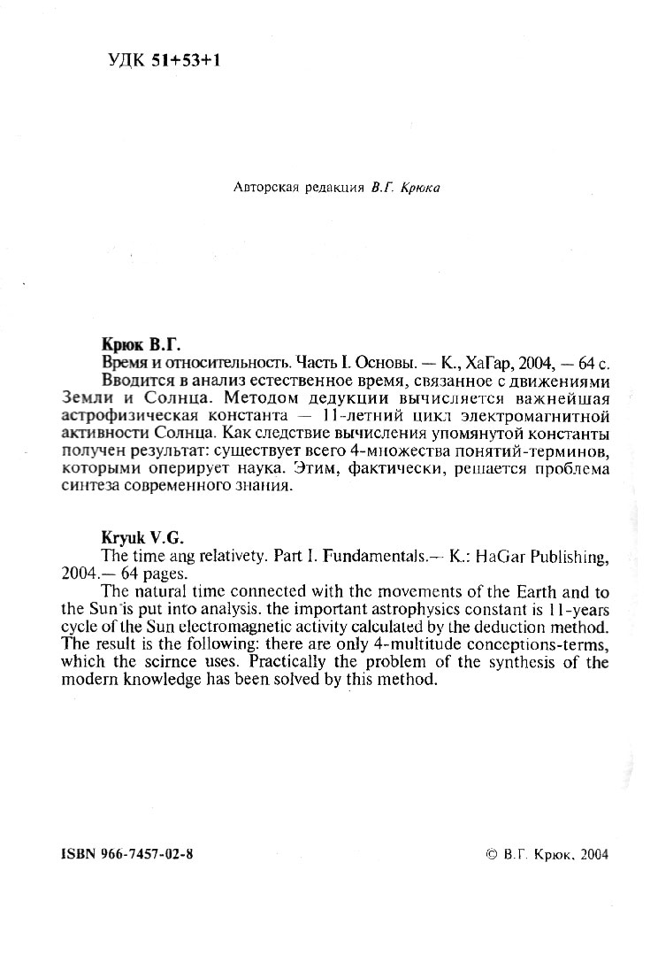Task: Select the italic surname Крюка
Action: click(x=415, y=188)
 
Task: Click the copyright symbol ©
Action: click(x=492, y=856)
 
